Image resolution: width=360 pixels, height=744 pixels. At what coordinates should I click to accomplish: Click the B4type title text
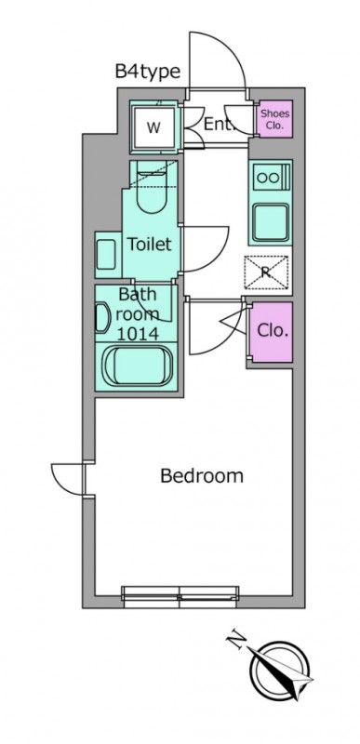tap(148, 72)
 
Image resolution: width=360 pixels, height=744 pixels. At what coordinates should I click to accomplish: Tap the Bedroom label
tap(202, 475)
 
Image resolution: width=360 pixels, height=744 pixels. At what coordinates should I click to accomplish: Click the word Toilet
tap(149, 245)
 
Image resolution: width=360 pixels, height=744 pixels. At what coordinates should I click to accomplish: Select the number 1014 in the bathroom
tap(138, 334)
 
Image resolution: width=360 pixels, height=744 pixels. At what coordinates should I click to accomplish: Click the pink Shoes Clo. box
tap(275, 119)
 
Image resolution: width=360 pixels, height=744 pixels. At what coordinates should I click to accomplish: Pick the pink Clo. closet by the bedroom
tap(272, 332)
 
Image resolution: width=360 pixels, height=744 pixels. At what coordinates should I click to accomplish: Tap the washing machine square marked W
tap(153, 127)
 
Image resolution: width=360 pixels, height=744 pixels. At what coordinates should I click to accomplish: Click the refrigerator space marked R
tap(266, 272)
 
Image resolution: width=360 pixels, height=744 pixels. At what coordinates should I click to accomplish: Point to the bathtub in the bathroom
tap(137, 365)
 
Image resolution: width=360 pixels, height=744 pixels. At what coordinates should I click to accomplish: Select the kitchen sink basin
tap(271, 222)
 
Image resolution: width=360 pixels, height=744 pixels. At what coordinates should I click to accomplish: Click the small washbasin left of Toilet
tap(106, 254)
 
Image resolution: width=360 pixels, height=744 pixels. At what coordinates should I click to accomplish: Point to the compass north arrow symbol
tap(280, 670)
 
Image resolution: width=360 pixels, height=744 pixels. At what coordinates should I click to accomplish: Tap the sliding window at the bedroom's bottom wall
tap(180, 597)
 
